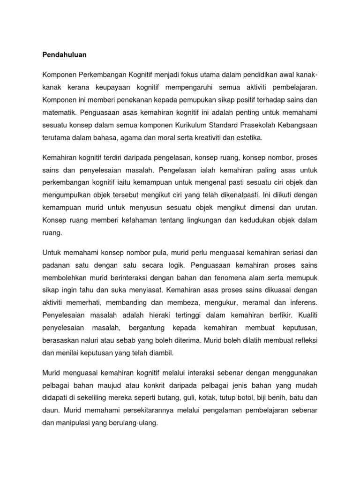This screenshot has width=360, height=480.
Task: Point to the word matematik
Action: tap(60, 112)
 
